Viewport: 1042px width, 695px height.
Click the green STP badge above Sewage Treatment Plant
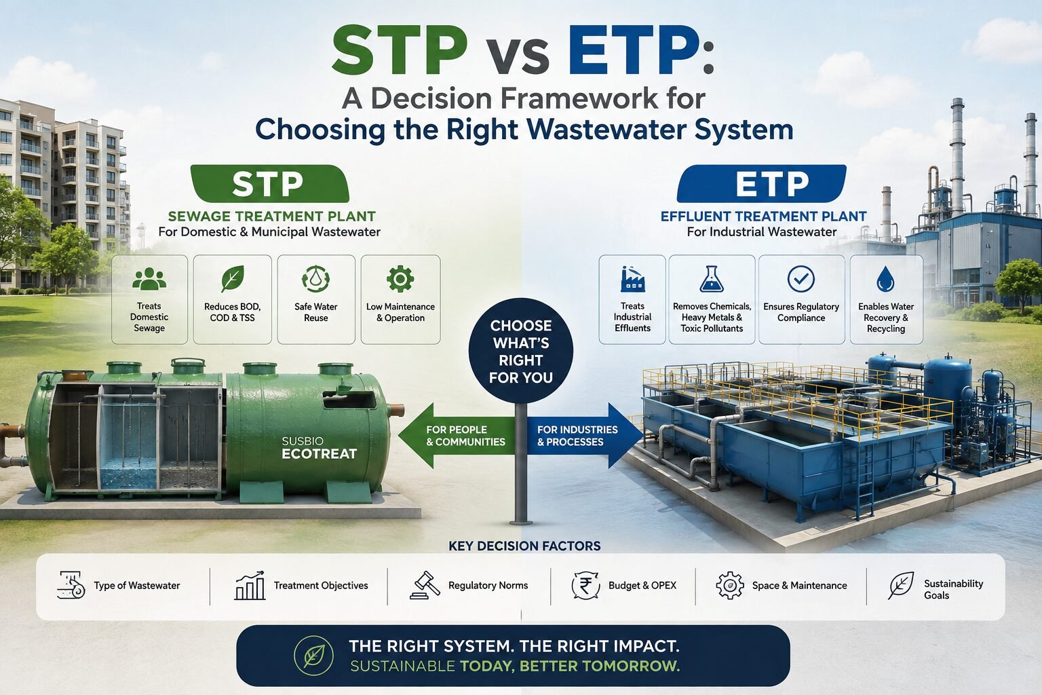click(x=270, y=183)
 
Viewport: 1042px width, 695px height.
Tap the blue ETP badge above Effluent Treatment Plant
click(x=762, y=183)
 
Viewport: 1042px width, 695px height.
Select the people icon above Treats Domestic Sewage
click(x=149, y=278)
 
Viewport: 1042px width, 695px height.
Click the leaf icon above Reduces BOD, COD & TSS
click(x=233, y=278)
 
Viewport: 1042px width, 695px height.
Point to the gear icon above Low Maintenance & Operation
click(x=400, y=278)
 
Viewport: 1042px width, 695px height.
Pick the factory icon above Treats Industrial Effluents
click(x=633, y=278)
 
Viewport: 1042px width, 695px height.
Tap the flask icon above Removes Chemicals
click(x=711, y=278)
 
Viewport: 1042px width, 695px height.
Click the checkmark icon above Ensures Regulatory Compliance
click(x=801, y=279)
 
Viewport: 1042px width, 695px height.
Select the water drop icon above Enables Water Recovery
click(x=885, y=279)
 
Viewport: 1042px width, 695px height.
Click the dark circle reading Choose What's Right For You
click(x=521, y=350)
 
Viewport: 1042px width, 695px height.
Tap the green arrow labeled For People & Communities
click(x=457, y=436)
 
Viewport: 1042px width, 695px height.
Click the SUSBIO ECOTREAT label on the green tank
click(x=319, y=448)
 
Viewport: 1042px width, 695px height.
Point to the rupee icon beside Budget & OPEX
click(x=585, y=586)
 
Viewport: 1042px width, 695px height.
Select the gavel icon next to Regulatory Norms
click(x=425, y=585)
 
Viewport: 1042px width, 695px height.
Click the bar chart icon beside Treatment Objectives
click(x=250, y=585)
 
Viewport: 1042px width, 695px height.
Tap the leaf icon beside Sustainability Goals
click(x=901, y=586)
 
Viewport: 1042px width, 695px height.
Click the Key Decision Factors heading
click(x=524, y=546)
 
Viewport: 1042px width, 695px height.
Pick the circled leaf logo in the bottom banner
click(x=314, y=656)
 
